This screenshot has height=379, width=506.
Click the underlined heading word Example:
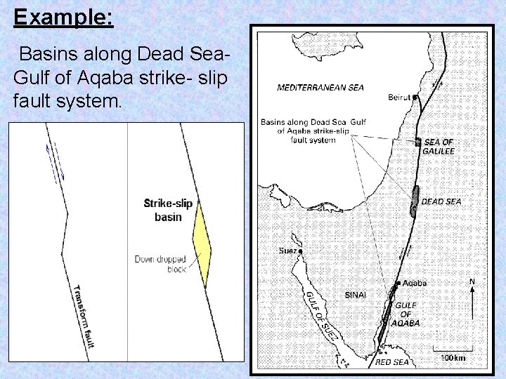[x=63, y=17]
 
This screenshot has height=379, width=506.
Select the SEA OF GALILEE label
[x=439, y=147]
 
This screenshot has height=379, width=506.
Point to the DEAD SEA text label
[x=441, y=201]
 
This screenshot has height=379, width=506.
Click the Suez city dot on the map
[x=300, y=251]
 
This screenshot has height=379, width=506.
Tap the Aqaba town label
[x=415, y=283]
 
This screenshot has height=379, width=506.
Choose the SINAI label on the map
[x=355, y=295]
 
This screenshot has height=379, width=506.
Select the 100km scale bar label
[x=453, y=358]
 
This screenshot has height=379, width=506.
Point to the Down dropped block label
[x=161, y=264]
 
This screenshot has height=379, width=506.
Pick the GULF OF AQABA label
[x=408, y=314]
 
